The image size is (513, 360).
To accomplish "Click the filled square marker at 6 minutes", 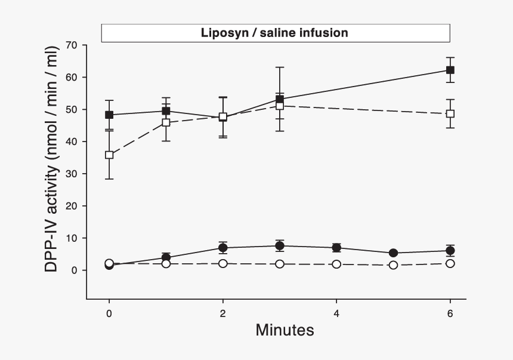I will [450, 70].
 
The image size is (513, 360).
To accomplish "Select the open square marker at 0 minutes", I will [109, 155].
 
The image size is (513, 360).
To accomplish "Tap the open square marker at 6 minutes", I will [450, 113].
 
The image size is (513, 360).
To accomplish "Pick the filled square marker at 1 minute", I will [166, 111].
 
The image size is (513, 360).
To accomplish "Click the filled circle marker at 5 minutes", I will [393, 253].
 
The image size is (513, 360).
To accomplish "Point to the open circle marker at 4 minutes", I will [336, 264].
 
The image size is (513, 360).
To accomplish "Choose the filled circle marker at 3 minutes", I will [280, 245].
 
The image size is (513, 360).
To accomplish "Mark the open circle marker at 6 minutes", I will [450, 263].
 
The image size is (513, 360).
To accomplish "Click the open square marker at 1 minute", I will [166, 122].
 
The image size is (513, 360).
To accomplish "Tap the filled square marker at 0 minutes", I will [109, 115].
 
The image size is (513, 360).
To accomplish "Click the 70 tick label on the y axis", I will [72, 45].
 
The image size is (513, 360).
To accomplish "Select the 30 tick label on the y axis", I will [72, 174].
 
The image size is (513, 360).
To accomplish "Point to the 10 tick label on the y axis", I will [72, 238].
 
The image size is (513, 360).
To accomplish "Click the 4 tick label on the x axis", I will [336, 313].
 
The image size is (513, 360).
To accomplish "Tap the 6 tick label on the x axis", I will [450, 313].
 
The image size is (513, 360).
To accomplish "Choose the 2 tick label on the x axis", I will [222, 313].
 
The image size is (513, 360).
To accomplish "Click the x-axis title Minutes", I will [285, 330].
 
